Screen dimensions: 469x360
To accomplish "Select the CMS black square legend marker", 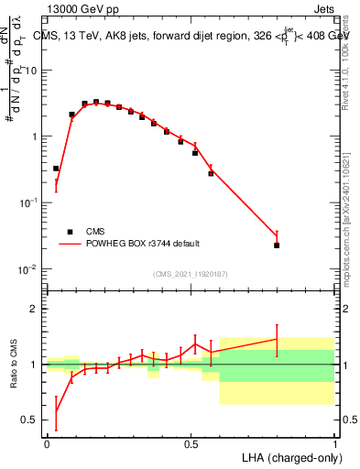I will pos(70,232).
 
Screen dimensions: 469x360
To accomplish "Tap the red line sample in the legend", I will pos(70,244).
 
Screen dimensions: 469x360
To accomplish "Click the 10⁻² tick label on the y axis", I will pos(31,269).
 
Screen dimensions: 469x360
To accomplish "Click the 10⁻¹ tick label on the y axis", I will pos(31,203).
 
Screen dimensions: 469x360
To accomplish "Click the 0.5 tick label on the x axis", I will pos(191,444).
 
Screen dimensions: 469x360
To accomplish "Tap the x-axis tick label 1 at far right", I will pos(334,444).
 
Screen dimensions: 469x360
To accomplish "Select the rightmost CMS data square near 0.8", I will pos(277,245).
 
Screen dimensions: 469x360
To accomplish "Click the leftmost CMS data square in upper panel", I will pos(56,169).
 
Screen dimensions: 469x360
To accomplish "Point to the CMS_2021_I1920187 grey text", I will pos(190,273).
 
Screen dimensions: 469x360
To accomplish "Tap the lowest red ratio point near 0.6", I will pos(56,409).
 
